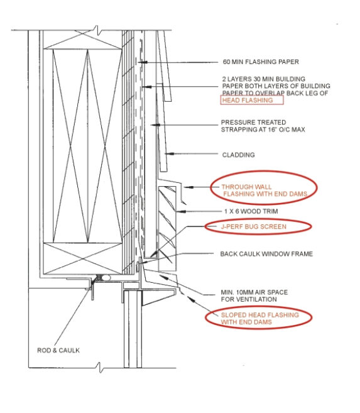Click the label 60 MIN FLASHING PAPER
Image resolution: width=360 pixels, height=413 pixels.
261,62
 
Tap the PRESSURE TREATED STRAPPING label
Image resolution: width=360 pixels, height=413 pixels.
263,126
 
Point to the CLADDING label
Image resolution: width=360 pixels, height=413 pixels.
238,155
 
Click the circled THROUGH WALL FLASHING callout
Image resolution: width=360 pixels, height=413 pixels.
264,187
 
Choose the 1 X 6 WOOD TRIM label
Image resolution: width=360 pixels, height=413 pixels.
251,211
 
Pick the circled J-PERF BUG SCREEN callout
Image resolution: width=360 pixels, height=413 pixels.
258,226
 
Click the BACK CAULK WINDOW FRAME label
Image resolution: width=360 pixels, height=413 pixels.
266,254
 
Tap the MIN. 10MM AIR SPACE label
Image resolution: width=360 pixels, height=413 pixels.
254,296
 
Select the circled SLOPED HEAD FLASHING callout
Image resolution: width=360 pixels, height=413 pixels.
259,318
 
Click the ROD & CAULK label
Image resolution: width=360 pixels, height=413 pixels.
58,350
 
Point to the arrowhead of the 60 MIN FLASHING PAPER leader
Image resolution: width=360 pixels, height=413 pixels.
143,62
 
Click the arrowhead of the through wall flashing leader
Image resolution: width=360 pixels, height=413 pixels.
188,187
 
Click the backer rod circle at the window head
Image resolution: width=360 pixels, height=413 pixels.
107,277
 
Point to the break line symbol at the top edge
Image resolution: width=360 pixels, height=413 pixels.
97,30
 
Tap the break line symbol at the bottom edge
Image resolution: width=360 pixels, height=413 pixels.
100,368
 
